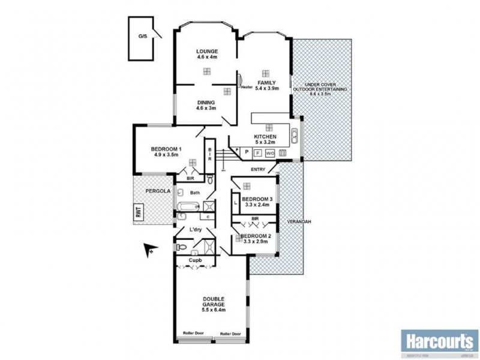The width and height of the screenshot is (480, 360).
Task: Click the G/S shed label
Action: click(x=142, y=37)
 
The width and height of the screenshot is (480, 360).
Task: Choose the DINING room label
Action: click(x=206, y=102)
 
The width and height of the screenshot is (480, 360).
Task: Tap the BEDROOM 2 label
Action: click(x=256, y=236)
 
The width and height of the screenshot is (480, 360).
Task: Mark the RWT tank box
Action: click(x=138, y=212)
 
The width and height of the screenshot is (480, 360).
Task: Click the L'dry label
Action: click(x=195, y=230)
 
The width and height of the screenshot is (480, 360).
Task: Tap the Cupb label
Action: click(x=195, y=260)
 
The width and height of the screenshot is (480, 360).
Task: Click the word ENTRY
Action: click(x=259, y=169)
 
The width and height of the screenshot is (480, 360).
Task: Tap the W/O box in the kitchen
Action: click(x=271, y=152)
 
